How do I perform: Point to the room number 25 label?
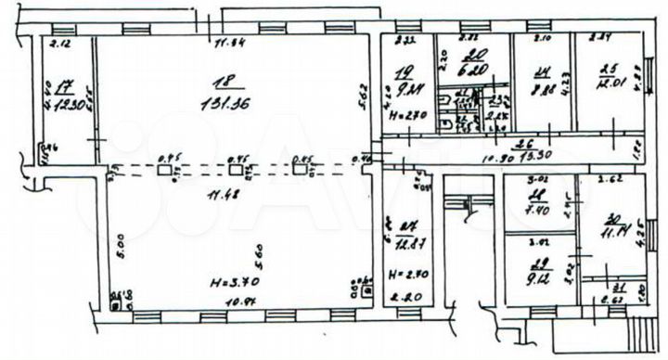pyautogui.click(x=609, y=67)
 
